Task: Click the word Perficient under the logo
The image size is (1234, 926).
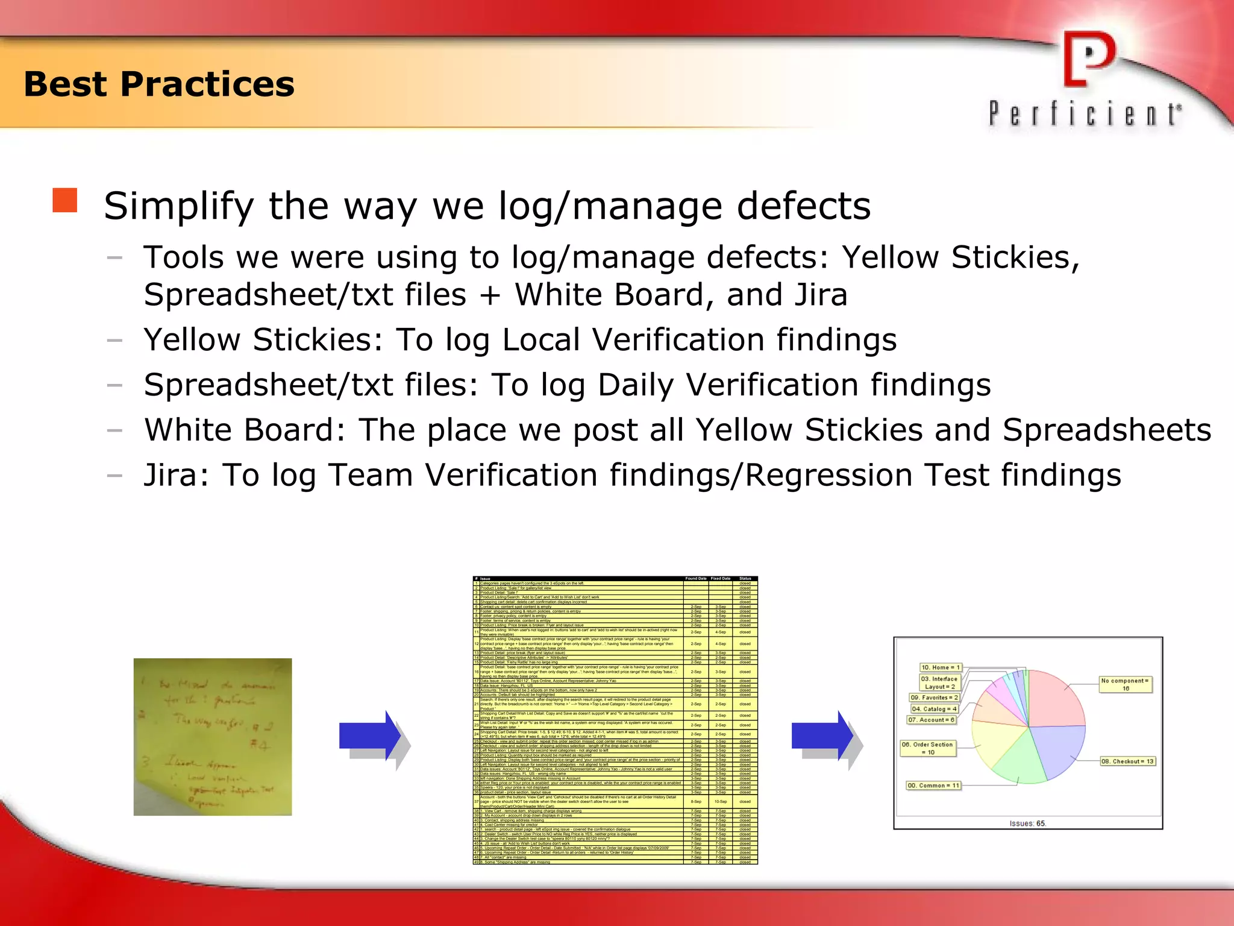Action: (x=1085, y=114)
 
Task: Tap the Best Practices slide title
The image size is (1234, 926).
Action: (x=159, y=84)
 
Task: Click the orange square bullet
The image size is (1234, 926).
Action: (x=65, y=200)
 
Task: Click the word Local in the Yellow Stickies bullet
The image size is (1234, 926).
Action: (x=541, y=339)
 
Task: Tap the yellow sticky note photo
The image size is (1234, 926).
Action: (x=213, y=737)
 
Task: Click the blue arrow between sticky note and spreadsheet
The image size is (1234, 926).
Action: (x=371, y=736)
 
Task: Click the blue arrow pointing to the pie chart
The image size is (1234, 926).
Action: (x=822, y=736)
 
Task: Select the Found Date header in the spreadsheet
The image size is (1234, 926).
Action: (x=695, y=579)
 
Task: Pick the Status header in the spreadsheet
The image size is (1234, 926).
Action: (x=745, y=579)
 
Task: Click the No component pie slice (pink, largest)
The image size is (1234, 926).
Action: (x=1054, y=699)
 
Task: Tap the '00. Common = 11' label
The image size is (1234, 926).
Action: (x=933, y=786)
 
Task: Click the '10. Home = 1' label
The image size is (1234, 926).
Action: (x=941, y=667)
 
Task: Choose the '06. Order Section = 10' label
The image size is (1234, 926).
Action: (x=927, y=748)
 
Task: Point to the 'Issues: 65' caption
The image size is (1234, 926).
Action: (x=1028, y=824)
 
